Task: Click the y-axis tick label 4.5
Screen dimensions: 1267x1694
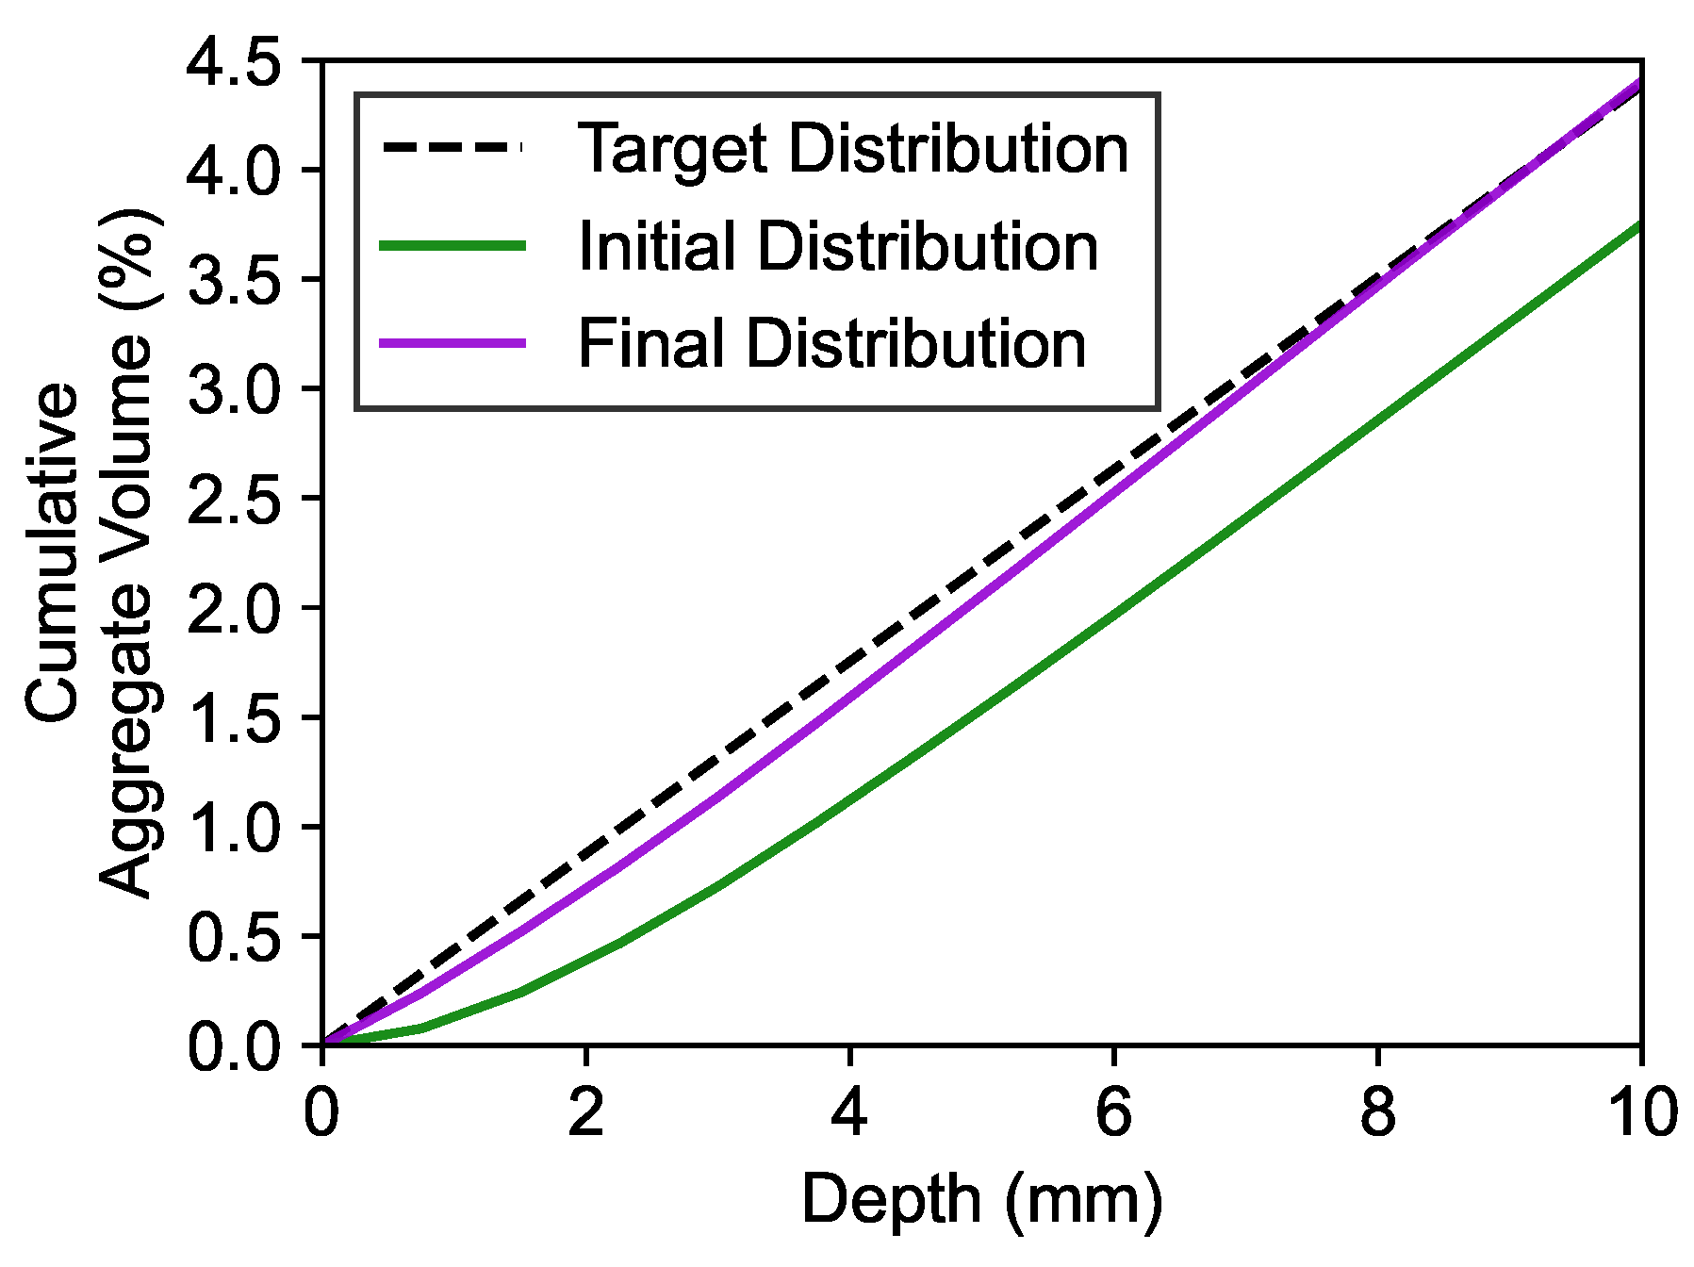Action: [235, 62]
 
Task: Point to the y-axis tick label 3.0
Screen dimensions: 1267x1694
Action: [235, 388]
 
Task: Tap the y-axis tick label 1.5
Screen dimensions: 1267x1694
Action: [235, 717]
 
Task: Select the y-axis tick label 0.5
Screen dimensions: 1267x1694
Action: [235, 936]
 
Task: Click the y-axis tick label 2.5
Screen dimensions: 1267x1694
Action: [235, 498]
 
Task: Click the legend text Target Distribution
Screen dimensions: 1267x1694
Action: [852, 149]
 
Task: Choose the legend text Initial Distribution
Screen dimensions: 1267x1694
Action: [837, 247]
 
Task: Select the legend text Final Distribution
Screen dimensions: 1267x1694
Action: [831, 344]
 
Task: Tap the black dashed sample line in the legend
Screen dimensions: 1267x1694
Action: [452, 148]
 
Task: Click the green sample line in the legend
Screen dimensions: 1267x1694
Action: [452, 246]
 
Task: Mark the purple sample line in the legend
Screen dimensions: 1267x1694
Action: [452, 343]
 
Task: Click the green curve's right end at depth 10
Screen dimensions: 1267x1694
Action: [1639, 225]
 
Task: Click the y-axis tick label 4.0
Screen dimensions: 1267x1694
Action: [235, 171]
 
